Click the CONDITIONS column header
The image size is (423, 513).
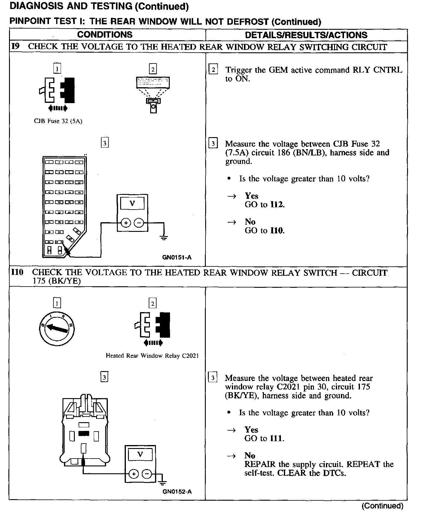pyautogui.click(x=105, y=35)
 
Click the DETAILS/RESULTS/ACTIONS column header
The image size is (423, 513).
pyautogui.click(x=306, y=35)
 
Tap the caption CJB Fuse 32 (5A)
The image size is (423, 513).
pyautogui.click(x=58, y=121)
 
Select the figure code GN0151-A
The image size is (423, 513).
pyautogui.click(x=177, y=257)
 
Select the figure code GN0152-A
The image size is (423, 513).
pyautogui.click(x=177, y=492)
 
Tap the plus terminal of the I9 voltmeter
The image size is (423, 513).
pyautogui.click(x=126, y=223)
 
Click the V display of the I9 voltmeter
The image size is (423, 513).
pyautogui.click(x=132, y=204)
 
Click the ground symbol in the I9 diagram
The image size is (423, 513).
pyautogui.click(x=164, y=238)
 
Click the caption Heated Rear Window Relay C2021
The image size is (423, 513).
pyautogui.click(x=152, y=356)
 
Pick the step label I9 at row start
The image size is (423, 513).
pyautogui.click(x=15, y=47)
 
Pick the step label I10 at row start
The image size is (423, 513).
pyautogui.click(x=17, y=272)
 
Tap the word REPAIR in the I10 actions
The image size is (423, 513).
pyautogui.click(x=260, y=464)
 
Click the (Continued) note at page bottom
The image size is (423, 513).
pyautogui.click(x=382, y=506)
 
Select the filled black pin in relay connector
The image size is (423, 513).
pyautogui.click(x=84, y=433)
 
